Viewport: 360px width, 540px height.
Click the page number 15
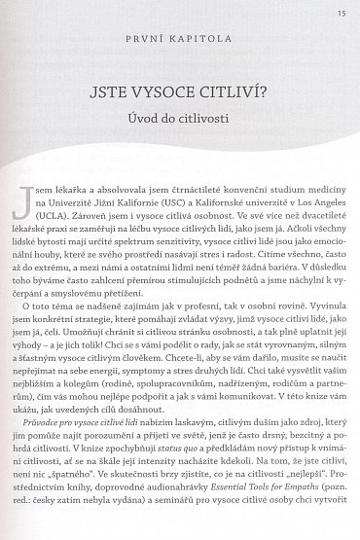click(341, 12)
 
